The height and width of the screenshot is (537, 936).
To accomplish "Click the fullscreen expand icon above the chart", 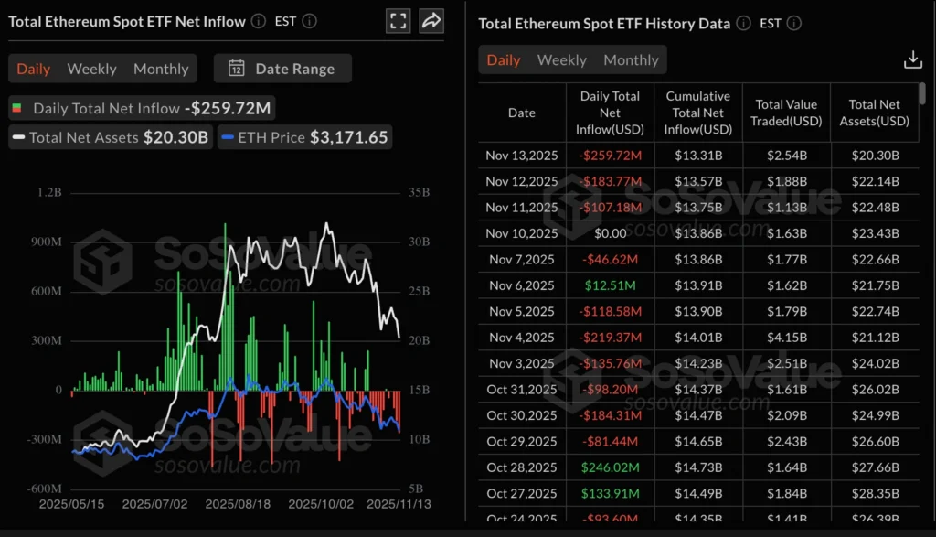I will (x=398, y=20).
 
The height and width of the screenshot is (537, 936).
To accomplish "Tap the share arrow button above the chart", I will (x=431, y=20).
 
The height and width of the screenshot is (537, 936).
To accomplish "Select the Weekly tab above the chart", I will (x=91, y=69).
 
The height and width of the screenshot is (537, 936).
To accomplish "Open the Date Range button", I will (x=282, y=69).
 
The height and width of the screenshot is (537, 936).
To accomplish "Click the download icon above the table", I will (x=912, y=59).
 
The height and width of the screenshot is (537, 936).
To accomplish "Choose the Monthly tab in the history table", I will (x=631, y=59).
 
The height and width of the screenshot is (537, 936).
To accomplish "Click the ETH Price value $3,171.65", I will (x=349, y=138).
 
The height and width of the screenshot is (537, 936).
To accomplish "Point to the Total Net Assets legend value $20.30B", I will (x=176, y=138).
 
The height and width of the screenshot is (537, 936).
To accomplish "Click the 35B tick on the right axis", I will (x=420, y=193).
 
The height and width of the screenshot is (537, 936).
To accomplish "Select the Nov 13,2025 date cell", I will (x=522, y=156).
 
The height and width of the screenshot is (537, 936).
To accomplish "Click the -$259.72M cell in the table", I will (x=610, y=156).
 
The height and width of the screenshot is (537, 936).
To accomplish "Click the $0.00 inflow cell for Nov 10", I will (x=610, y=233).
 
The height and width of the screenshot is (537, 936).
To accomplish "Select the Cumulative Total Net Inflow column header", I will (x=698, y=113).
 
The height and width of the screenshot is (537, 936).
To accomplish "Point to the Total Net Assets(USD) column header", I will (x=874, y=113).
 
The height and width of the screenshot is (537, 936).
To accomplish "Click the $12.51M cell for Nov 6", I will (x=610, y=285).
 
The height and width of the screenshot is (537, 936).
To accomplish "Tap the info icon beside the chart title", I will (x=259, y=20).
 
